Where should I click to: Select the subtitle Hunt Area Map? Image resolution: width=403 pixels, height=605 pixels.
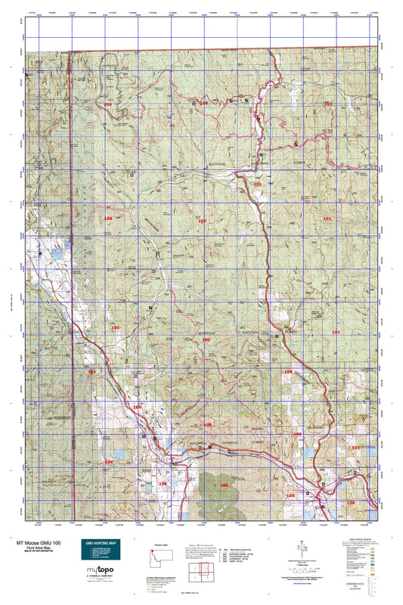[x=36, y=549]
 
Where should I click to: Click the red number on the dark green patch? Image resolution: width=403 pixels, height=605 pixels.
[x=223, y=485]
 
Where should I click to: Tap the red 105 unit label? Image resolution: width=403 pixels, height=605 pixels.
[x=290, y=495]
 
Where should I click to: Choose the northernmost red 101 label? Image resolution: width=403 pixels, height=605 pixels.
[x=327, y=103]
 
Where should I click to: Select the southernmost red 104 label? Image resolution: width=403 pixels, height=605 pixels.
[x=108, y=461]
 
